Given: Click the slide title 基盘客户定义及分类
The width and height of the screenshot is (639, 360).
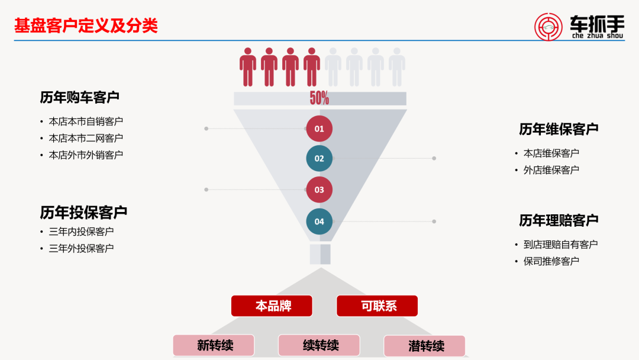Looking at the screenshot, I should [x=86, y=26].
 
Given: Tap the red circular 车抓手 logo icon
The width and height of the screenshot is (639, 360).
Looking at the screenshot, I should [x=548, y=27].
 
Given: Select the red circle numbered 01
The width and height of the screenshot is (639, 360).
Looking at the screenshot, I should [x=319, y=128].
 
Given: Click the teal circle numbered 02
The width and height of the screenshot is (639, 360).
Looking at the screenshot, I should [x=319, y=159].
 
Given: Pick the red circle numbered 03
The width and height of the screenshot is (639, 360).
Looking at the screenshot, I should [x=319, y=190].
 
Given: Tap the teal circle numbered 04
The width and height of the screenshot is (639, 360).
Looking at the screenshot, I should [x=319, y=221].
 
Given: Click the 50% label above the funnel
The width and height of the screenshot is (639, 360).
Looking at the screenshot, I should [x=319, y=98].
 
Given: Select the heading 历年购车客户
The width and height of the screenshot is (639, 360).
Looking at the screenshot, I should [x=80, y=97].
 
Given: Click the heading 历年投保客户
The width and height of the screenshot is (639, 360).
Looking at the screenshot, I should [x=83, y=212].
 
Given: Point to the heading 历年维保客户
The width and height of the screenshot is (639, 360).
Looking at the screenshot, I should [x=559, y=129].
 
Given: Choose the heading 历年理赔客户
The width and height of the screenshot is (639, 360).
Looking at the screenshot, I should [x=559, y=220].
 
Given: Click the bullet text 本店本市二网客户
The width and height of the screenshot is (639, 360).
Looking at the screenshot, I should [x=86, y=138].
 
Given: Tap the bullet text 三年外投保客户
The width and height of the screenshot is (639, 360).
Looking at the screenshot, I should [x=81, y=248].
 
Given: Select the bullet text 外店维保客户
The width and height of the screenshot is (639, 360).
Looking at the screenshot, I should [x=551, y=170].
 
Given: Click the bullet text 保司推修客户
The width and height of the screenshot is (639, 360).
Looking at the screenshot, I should [x=551, y=261].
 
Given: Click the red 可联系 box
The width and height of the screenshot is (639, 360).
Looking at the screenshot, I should [x=377, y=306].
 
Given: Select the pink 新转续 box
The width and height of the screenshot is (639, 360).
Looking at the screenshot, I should [x=214, y=345].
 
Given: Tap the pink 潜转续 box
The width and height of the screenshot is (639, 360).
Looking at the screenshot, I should [x=425, y=346].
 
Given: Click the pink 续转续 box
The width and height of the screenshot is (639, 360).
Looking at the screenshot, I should [x=319, y=345].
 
